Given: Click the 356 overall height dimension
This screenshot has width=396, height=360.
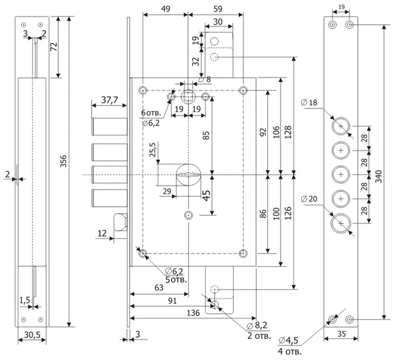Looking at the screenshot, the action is tap(63, 161).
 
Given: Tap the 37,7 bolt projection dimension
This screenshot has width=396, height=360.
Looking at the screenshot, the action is tap(110, 100).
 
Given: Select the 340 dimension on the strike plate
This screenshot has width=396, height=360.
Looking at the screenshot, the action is tap(379, 176).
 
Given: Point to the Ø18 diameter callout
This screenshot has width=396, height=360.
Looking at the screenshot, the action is tap(309, 102).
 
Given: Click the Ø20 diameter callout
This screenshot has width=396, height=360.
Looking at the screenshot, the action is tap(309, 199).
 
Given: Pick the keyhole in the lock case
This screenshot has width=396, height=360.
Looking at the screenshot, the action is tap(188, 174).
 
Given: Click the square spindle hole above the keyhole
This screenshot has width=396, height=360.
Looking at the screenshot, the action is tap(188, 97).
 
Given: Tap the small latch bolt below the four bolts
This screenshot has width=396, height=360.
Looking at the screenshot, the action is tap(121, 222).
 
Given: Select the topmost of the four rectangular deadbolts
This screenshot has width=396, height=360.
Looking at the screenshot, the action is tap(109, 126).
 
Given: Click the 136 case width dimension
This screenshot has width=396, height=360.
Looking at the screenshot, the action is tap(193, 313).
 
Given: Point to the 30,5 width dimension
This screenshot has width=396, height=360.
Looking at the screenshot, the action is tap(32, 335).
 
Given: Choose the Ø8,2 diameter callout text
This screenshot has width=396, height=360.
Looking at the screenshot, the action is tap(257, 325).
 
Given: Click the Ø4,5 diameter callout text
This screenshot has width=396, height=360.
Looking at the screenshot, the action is tap(288, 341).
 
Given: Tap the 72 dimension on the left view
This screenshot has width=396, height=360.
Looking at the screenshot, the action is tap(54, 47).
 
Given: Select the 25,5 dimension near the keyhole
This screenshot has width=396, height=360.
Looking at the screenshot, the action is tap(152, 150).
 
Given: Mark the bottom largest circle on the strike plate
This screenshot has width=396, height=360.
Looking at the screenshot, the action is tap(341, 223).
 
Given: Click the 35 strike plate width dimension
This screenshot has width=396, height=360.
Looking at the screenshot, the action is tap(341, 334).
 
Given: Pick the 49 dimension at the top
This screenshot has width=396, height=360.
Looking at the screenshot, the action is tap(166, 9).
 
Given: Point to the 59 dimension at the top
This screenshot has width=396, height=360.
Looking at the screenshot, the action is tap(218, 9).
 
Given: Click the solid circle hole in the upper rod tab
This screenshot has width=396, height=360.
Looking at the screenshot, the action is tap(214, 41).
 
